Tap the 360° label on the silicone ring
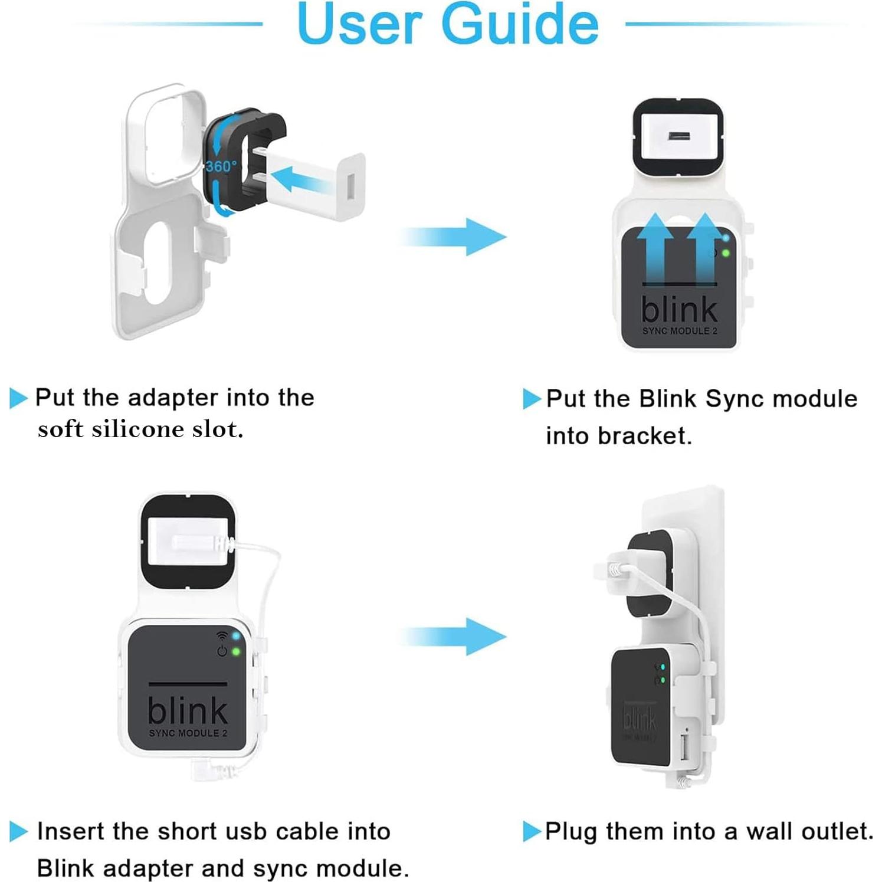click(x=221, y=166)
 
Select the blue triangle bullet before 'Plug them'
click(x=532, y=832)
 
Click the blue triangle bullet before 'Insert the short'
click(x=18, y=832)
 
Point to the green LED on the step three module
click(x=236, y=652)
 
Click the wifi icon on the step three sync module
click(x=222, y=636)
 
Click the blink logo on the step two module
click(x=679, y=309)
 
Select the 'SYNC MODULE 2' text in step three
click(x=188, y=733)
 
